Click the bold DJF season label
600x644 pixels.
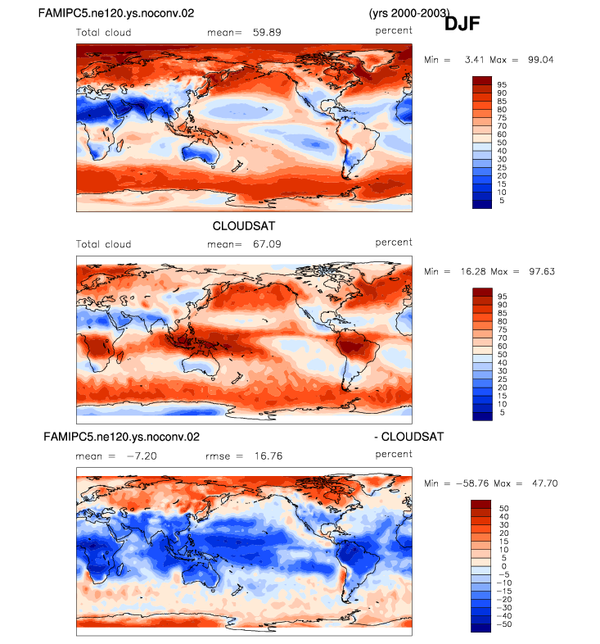tap(462, 24)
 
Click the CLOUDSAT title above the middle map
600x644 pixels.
tap(244, 226)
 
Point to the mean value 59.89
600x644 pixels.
tap(267, 33)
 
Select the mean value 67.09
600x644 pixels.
tap(267, 244)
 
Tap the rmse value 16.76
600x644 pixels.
tap(268, 456)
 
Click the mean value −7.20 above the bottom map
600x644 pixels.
tap(142, 456)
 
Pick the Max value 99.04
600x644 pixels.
tap(540, 60)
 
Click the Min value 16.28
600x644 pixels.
tap(473, 271)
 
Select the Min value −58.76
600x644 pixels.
tap(472, 483)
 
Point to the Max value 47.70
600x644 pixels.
tap(545, 483)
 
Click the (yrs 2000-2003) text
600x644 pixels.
tap(409, 14)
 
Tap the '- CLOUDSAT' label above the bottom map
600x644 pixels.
tap(409, 437)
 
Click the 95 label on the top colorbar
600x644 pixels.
tap(502, 84)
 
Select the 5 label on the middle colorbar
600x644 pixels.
tap(502, 412)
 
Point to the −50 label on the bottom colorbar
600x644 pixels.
tap(504, 624)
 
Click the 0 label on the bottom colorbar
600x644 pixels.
tap(504, 566)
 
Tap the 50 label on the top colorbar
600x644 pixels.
tap(502, 143)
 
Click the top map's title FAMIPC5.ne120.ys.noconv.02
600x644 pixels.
tap(116, 14)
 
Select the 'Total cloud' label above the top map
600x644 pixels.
tap(103, 33)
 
